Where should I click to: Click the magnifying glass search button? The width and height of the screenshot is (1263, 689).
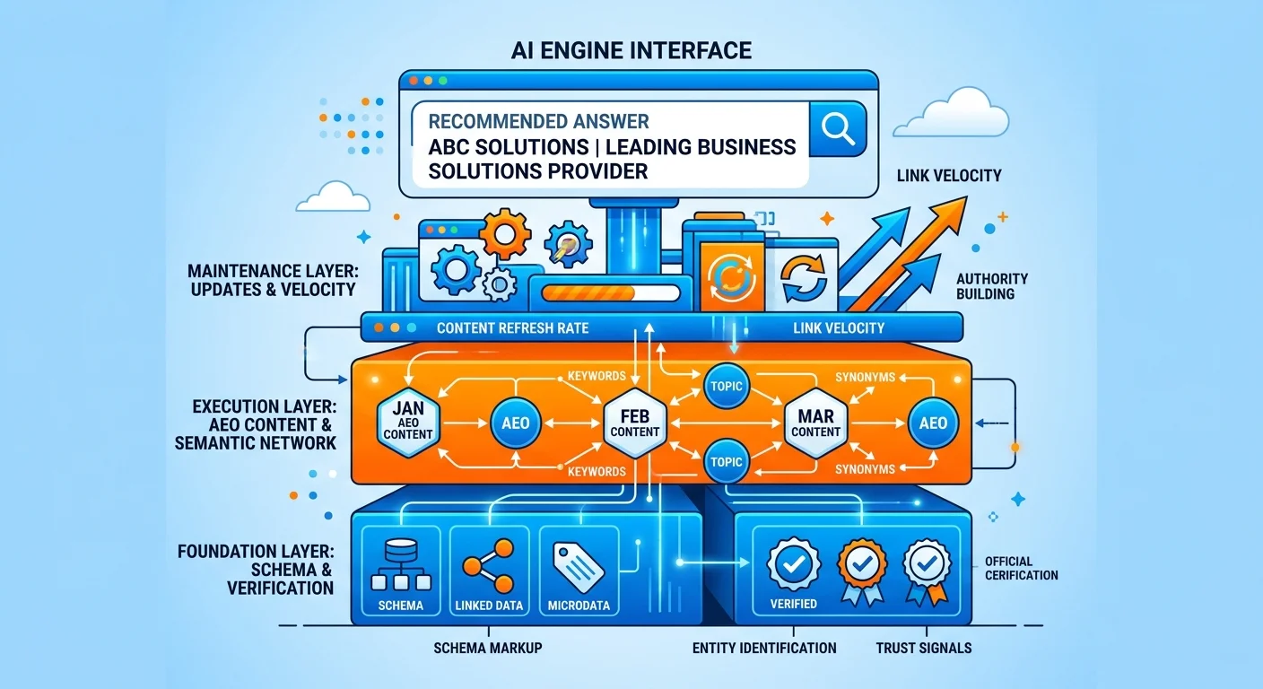click(x=837, y=129)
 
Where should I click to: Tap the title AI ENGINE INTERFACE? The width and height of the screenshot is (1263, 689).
click(x=631, y=50)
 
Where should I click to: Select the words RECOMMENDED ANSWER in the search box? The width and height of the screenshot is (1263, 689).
click(x=539, y=120)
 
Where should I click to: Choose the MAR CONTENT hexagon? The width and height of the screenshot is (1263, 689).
click(x=815, y=421)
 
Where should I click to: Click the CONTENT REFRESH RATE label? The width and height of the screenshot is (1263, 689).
click(x=512, y=328)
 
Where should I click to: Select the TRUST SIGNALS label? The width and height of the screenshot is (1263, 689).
click(x=924, y=648)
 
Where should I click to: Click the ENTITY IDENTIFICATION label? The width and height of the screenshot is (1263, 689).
click(x=764, y=648)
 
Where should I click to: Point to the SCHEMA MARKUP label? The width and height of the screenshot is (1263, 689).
click(x=487, y=648)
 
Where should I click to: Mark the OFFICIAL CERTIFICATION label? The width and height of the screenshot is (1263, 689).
click(x=1021, y=568)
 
